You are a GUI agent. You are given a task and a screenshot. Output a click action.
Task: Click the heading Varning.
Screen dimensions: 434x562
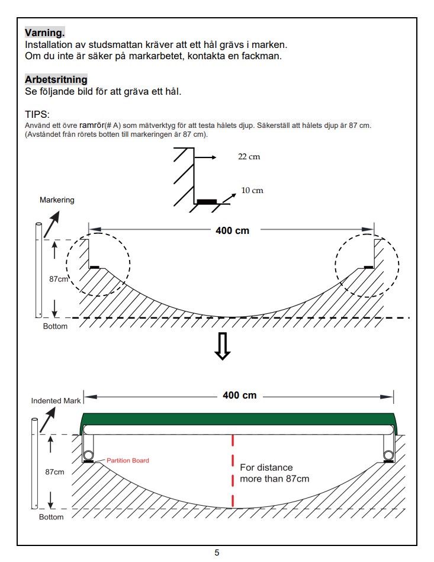(x=45, y=33)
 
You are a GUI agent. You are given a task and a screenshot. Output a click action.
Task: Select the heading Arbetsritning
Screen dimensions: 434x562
(x=56, y=79)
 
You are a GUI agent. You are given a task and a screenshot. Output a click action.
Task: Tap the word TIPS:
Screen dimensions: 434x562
(x=37, y=114)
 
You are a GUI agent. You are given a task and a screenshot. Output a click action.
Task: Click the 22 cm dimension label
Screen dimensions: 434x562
(x=249, y=156)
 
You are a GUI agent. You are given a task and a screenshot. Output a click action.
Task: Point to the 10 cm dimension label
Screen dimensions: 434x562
(x=252, y=190)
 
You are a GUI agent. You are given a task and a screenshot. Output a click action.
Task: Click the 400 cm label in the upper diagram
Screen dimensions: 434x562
(x=232, y=230)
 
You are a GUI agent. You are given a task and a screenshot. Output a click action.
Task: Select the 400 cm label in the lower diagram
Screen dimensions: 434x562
(x=239, y=396)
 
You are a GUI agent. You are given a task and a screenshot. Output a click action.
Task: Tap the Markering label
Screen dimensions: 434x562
(x=57, y=200)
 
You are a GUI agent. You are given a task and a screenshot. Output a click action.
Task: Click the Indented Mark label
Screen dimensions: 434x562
(x=56, y=401)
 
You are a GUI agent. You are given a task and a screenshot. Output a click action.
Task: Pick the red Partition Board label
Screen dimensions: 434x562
(x=127, y=461)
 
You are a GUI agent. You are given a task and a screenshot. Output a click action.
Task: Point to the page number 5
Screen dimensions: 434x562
(x=217, y=553)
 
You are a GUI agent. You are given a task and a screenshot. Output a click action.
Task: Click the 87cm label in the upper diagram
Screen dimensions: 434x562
(x=59, y=279)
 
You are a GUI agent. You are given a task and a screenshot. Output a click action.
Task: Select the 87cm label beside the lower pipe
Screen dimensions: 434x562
(x=55, y=472)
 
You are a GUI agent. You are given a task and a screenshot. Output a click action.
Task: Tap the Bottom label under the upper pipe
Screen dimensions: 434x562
(x=55, y=326)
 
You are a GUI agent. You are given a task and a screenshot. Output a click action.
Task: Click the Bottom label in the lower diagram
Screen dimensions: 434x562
(x=52, y=517)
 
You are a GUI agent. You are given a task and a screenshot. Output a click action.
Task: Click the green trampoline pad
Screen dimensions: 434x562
(x=239, y=419)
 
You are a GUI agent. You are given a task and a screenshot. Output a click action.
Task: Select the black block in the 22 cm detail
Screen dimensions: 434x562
(x=207, y=202)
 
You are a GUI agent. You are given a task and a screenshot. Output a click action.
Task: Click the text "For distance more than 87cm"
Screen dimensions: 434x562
(x=275, y=473)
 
